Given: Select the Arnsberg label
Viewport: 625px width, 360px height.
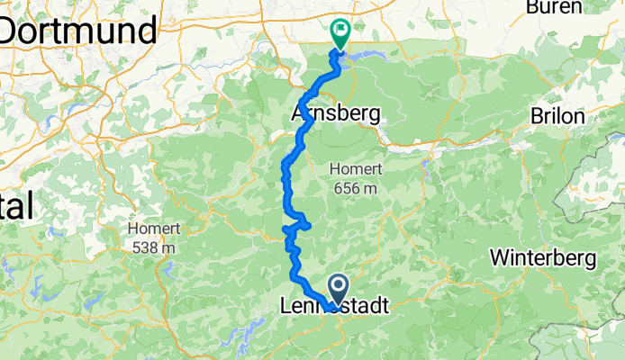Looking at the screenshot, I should [336, 114].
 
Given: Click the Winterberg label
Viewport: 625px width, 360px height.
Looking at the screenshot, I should [543, 258].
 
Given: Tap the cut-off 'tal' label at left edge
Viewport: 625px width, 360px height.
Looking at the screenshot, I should [15, 207].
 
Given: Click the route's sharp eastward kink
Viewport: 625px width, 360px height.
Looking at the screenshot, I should [308, 223].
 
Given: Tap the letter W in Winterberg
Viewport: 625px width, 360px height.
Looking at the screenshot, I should [500, 258].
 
